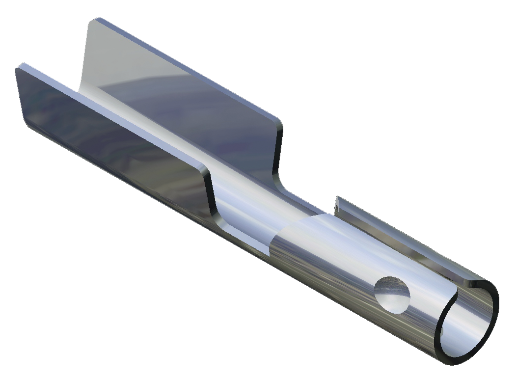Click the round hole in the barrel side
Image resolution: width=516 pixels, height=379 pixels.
tap(392, 295)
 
